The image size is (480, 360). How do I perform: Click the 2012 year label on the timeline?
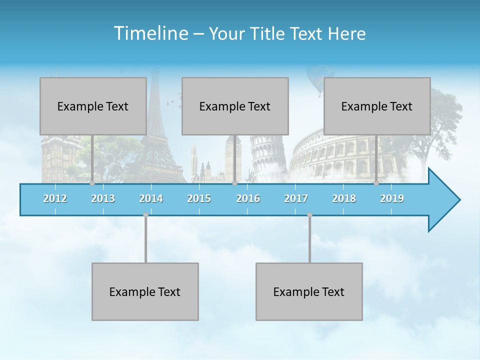click(55, 198)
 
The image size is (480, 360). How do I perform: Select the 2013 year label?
click(103, 198)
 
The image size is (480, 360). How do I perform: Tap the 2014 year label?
click(151, 198)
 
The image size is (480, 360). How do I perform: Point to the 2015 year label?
click(199, 198)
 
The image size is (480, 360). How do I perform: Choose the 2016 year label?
click(248, 198)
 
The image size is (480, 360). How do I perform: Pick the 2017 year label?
click(296, 198)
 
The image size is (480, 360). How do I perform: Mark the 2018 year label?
click(344, 198)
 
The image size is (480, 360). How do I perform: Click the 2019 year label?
click(392, 198)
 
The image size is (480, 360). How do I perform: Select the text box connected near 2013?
click(93, 106)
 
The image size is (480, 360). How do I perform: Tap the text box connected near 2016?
click(235, 106)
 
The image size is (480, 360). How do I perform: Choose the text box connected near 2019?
click(377, 106)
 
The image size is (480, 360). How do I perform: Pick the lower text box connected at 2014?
click(145, 291)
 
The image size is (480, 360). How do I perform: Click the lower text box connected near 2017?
click(309, 291)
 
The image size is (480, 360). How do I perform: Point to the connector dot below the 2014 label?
click(145, 215)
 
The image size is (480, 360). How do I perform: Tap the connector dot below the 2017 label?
click(309, 215)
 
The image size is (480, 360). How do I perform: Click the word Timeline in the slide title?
click(150, 33)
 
